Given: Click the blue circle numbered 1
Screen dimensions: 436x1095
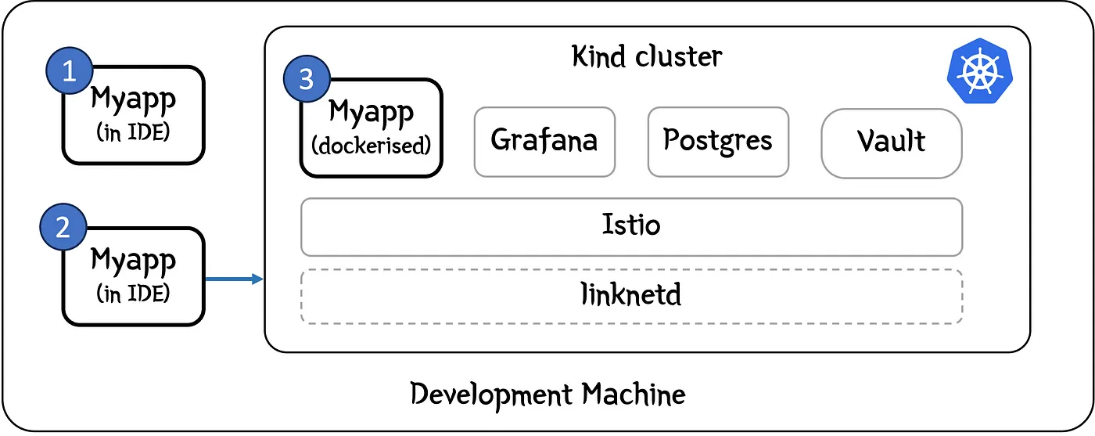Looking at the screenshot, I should (x=69, y=72).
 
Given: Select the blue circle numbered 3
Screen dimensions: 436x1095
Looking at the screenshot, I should (x=307, y=79).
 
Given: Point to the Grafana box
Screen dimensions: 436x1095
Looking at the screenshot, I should (x=544, y=141).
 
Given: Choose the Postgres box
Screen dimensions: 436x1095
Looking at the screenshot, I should (x=718, y=141).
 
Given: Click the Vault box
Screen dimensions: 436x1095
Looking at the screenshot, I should (x=891, y=142).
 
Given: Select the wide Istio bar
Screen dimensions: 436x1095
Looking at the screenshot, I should (x=631, y=226).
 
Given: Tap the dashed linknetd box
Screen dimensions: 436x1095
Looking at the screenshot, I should (x=631, y=296).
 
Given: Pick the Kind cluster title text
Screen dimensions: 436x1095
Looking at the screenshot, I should (x=647, y=57).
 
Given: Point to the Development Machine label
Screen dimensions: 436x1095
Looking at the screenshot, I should (x=547, y=393).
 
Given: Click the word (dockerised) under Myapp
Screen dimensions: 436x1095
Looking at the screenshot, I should (x=372, y=146).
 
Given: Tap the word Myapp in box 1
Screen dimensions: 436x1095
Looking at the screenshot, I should (x=134, y=99).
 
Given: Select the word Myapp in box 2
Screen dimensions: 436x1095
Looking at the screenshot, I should (x=134, y=260).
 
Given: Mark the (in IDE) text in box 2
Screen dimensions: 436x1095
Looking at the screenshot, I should (x=134, y=294).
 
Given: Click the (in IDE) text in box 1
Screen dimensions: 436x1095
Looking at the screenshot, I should (x=134, y=133).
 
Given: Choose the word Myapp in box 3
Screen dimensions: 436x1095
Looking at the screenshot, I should (x=372, y=113).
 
